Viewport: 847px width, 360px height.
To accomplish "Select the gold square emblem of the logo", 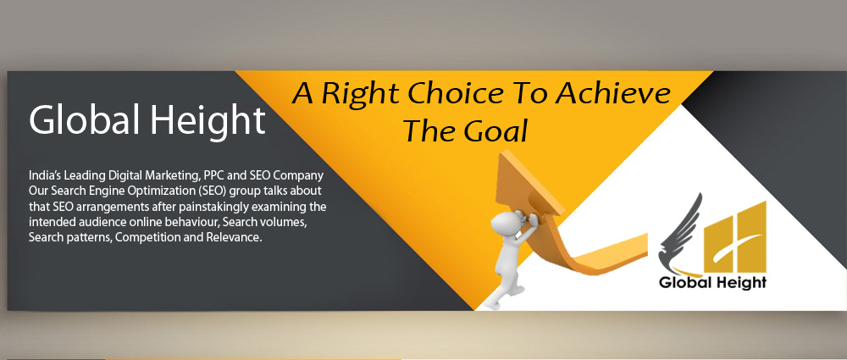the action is (x=734, y=237).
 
